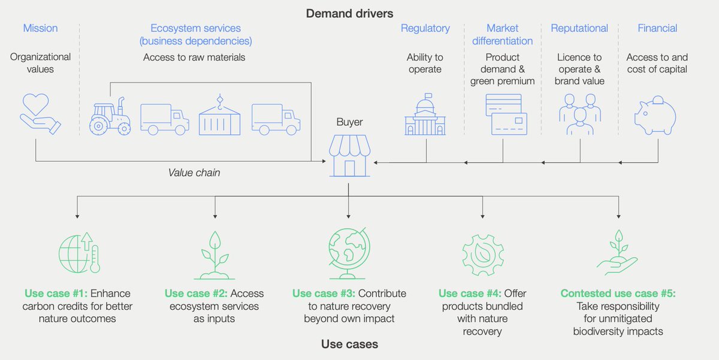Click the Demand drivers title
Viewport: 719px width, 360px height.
click(350, 13)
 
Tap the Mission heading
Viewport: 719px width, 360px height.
click(40, 28)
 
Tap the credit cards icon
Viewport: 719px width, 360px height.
click(506, 114)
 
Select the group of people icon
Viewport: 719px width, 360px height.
click(579, 114)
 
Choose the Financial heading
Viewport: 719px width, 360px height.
click(657, 28)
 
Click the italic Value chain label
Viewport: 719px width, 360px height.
click(194, 173)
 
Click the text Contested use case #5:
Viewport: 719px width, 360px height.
click(618, 294)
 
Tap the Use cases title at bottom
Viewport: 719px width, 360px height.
click(349, 344)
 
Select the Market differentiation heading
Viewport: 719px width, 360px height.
click(502, 35)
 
